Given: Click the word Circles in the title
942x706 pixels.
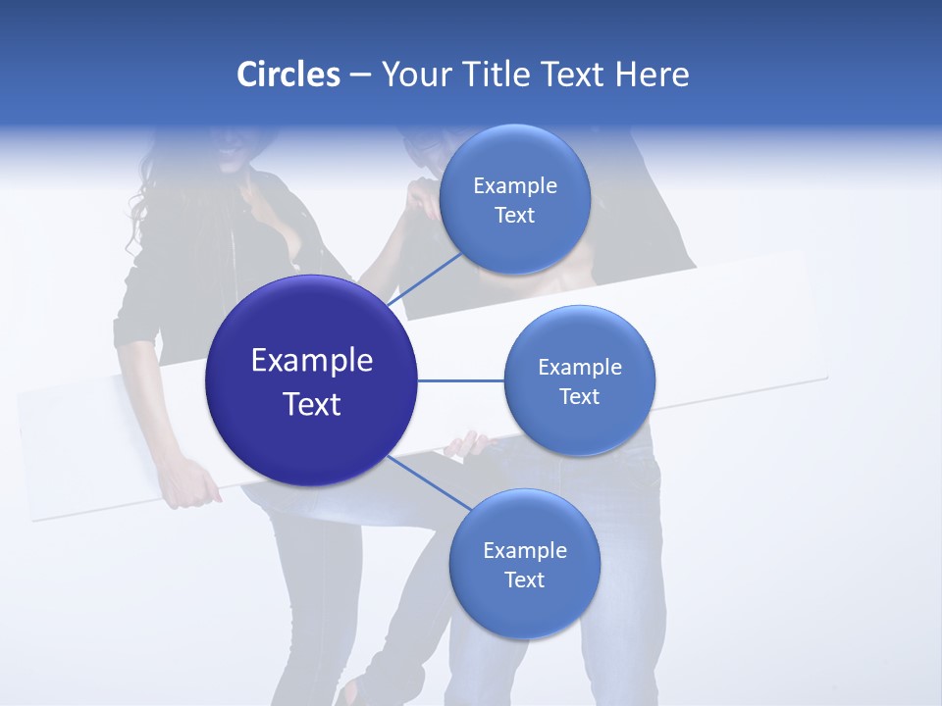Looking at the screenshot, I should (x=288, y=75).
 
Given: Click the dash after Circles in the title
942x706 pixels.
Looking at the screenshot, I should (x=360, y=76).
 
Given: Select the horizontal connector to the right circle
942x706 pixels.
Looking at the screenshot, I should (x=460, y=380).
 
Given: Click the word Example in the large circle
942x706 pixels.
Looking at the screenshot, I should (x=312, y=361).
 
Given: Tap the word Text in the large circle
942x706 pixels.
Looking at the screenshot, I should (x=312, y=404).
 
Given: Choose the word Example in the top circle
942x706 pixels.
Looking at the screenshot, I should (x=515, y=186).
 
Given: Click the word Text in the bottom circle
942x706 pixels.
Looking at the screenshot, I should (x=524, y=580).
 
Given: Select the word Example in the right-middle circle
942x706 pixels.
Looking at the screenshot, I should (x=580, y=368).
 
